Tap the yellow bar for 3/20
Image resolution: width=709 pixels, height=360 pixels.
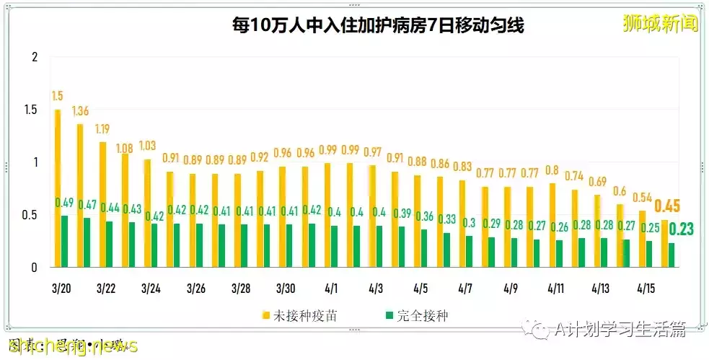pos(58,188)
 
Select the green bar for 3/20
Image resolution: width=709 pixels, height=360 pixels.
pos(65,241)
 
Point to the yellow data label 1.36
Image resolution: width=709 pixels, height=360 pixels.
pos(81,111)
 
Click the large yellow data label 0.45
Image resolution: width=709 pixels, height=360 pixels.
pos(666,206)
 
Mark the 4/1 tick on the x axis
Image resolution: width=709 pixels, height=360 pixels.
pos(331,289)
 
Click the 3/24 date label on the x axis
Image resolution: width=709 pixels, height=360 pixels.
pos(151,289)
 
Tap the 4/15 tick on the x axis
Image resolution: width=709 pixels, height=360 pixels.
pos(646,289)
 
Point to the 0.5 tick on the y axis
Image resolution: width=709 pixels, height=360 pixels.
pos(30,215)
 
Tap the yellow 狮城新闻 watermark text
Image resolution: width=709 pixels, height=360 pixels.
pos(661,24)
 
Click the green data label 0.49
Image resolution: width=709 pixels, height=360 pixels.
pos(65,203)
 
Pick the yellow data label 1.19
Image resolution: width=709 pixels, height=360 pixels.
pos(103,129)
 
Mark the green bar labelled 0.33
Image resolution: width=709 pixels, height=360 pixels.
pos(447,250)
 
